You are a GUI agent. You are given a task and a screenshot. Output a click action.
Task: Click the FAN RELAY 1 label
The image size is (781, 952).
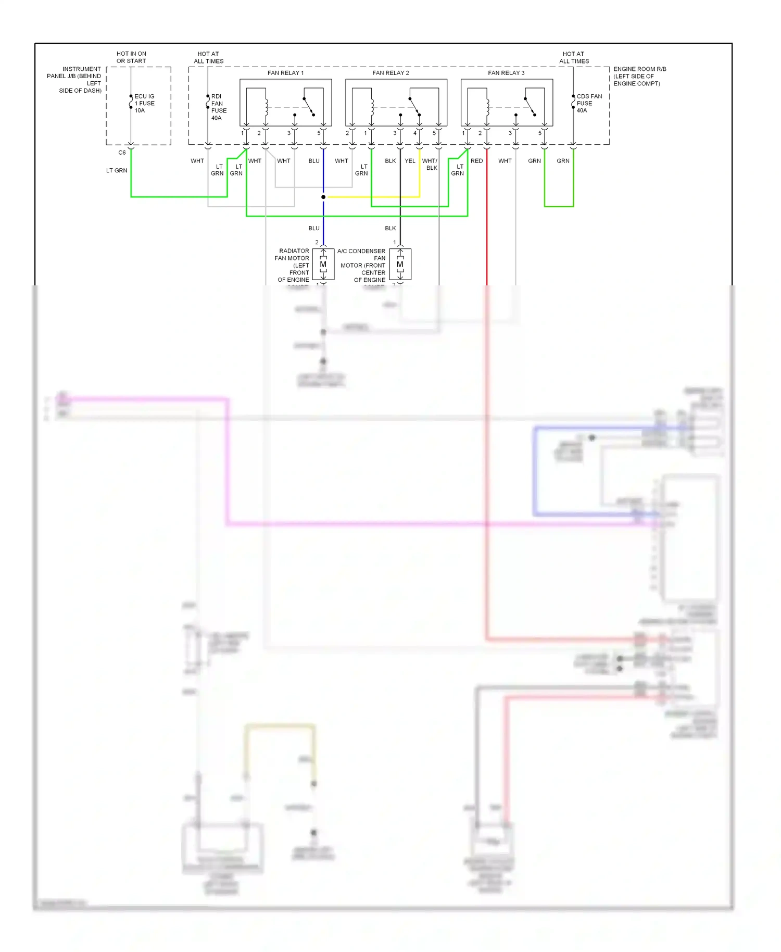coord(285,73)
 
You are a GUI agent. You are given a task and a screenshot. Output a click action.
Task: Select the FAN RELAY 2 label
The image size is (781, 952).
coord(391,73)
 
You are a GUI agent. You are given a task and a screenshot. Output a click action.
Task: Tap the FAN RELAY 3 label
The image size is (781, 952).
coord(506,73)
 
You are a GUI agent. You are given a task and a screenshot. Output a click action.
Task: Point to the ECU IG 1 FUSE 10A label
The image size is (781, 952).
coord(144,103)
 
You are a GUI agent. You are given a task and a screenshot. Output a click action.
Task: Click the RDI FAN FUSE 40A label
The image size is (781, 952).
coord(219,107)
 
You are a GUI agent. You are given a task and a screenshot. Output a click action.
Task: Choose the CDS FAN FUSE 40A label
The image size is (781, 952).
coord(589,103)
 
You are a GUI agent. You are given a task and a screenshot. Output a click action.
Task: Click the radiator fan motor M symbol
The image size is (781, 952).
coord(323,265)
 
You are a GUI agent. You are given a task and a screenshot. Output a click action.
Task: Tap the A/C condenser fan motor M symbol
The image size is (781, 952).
coord(400,265)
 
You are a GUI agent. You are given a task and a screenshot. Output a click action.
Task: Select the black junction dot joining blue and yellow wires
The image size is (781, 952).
coord(323,197)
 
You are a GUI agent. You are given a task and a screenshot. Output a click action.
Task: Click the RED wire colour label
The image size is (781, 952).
coord(476,161)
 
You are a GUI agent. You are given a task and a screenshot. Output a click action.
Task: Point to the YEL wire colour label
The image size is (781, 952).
coord(410,161)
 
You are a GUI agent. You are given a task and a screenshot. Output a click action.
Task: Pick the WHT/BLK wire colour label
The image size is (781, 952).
coord(430,164)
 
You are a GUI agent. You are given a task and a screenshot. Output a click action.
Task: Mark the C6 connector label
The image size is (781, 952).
coord(122,153)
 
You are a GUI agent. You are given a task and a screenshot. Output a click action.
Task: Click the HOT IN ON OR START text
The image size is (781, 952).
coord(131,57)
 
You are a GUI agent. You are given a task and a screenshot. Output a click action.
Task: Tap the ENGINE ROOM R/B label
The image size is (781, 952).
coord(639,69)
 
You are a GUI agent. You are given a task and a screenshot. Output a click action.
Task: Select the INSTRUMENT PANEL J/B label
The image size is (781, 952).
coord(74,79)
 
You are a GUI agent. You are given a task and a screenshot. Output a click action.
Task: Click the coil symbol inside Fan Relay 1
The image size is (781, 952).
coord(267,107)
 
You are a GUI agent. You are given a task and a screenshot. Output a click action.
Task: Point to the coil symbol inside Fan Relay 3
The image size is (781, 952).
coord(487,107)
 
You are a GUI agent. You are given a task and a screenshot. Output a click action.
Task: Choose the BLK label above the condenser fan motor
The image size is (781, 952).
coord(391,228)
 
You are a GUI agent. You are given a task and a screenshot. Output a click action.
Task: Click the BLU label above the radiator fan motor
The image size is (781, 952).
coord(314,228)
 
